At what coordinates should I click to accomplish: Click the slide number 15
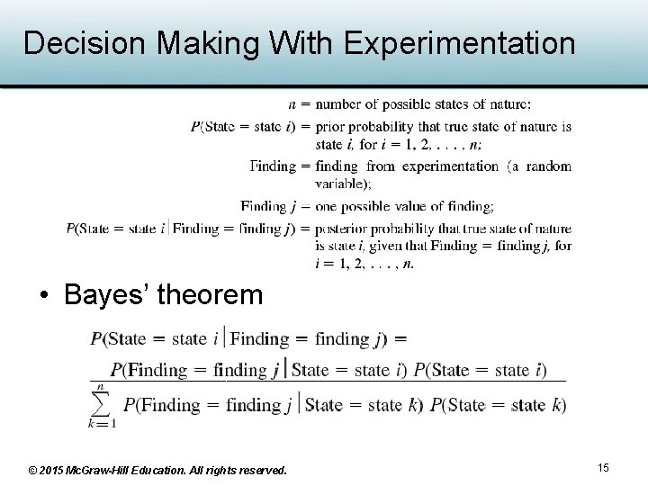click(603, 467)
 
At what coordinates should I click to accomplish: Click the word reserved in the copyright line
click(261, 471)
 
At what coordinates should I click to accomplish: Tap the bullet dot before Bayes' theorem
click(43, 296)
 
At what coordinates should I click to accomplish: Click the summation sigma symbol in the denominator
click(102, 405)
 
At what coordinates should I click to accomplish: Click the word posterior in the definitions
click(346, 229)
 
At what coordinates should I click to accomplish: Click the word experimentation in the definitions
click(450, 166)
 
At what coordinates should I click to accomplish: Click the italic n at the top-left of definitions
click(292, 104)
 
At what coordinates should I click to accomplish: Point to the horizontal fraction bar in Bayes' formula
click(328, 382)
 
